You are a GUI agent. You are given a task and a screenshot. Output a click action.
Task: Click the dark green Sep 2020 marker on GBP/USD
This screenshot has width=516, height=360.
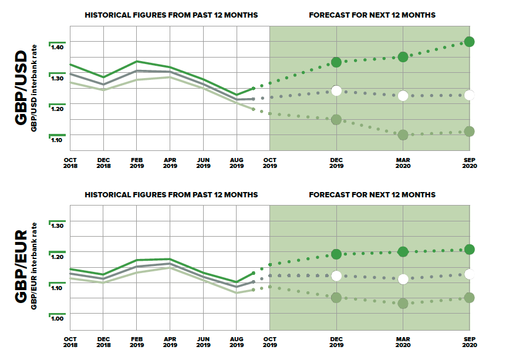(x=469, y=42)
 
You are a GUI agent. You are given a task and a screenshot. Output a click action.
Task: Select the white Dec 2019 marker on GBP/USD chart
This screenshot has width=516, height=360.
(x=336, y=90)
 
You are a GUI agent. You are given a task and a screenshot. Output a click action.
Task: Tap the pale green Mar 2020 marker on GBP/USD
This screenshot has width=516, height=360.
(x=403, y=135)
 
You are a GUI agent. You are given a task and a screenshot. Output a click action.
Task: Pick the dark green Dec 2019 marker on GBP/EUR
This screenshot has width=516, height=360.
(x=336, y=254)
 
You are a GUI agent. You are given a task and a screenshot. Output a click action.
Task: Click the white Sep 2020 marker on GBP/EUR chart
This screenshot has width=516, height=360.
(x=469, y=274)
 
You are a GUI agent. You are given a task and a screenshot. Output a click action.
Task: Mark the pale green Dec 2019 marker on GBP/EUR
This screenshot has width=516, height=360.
(x=336, y=298)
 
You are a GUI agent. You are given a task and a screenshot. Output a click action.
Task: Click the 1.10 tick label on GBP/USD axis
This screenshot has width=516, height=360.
(x=57, y=140)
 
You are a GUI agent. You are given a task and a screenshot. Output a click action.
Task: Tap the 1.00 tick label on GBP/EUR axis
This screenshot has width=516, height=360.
(x=57, y=319)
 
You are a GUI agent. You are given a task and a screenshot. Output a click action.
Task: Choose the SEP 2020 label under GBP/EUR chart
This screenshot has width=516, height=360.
(x=469, y=342)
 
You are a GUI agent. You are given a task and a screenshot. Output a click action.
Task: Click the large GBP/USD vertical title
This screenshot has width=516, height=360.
(x=21, y=88)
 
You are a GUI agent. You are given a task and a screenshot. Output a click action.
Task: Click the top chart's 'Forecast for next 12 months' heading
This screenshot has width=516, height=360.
(x=372, y=15)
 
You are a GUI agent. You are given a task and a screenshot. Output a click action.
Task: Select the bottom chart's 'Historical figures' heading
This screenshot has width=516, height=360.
(x=171, y=194)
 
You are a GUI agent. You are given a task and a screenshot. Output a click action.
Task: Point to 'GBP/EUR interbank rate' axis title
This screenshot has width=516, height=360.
(x=35, y=265)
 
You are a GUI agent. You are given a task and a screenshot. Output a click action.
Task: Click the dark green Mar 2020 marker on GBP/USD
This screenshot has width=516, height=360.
(x=403, y=57)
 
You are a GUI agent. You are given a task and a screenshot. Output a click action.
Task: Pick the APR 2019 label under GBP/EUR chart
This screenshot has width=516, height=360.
(x=170, y=342)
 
